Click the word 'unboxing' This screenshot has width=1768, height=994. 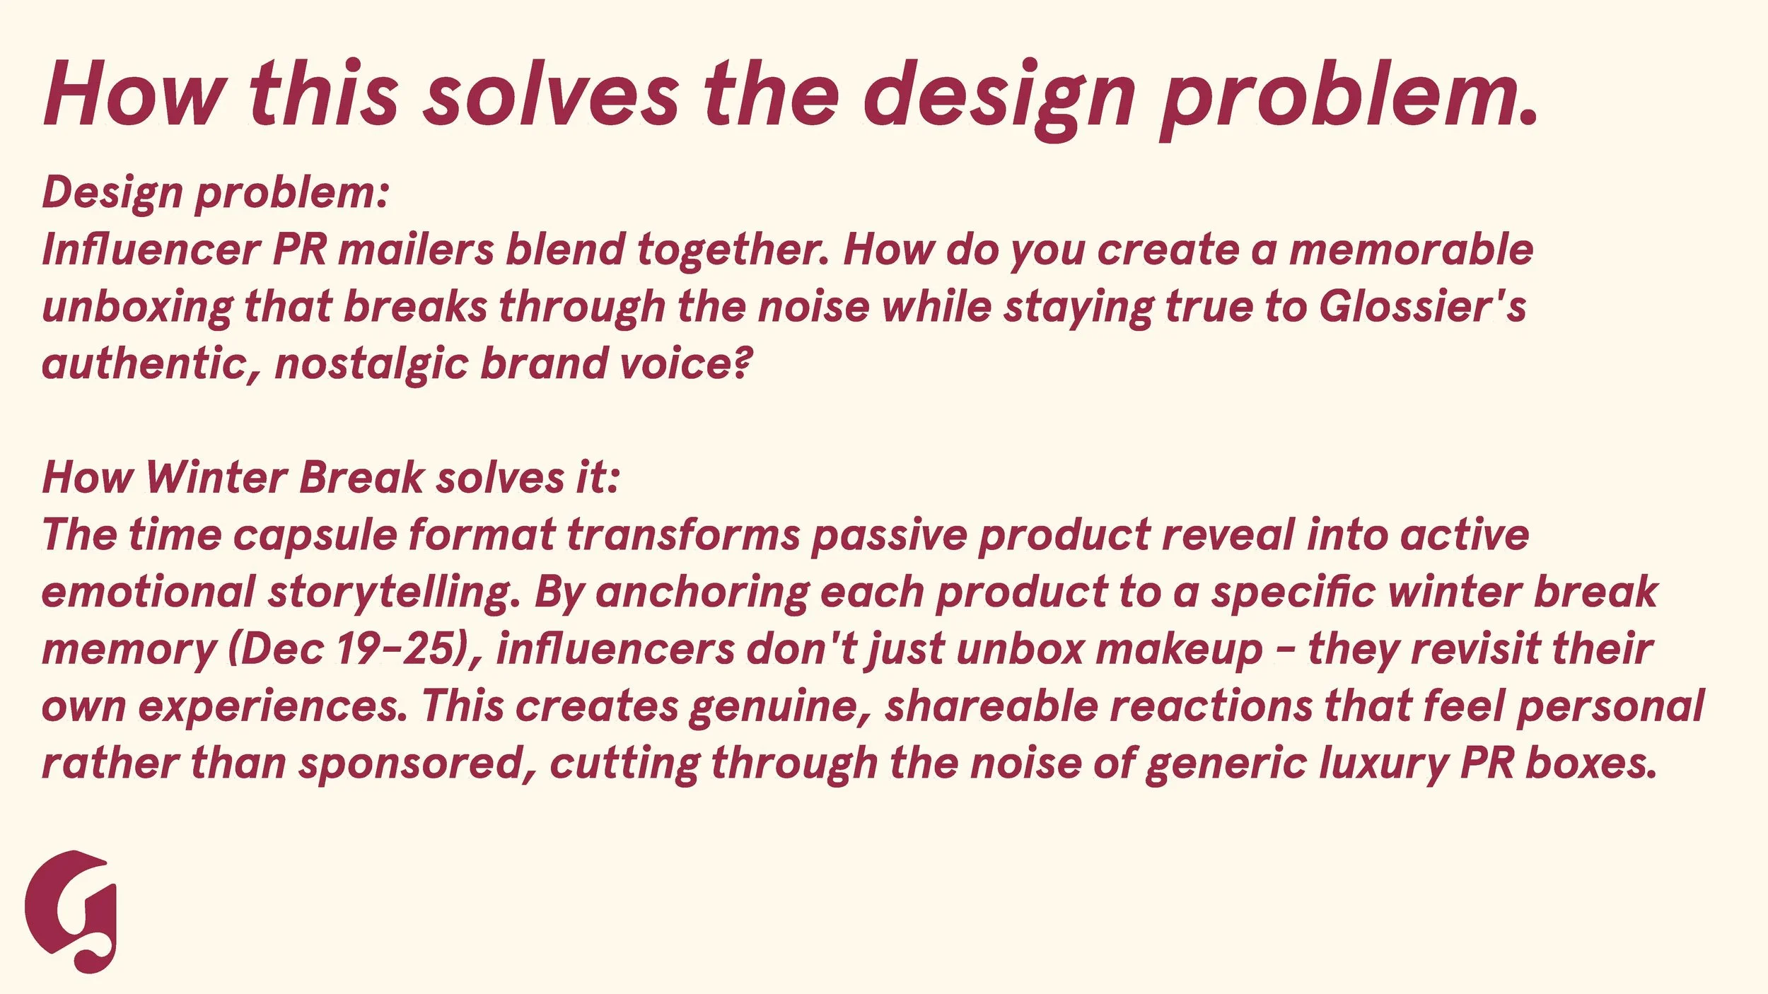[x=137, y=308]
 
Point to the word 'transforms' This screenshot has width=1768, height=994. [x=683, y=535]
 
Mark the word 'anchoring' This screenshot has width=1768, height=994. [x=702, y=592]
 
